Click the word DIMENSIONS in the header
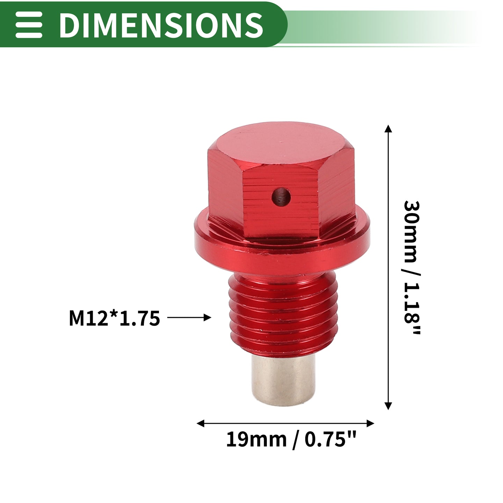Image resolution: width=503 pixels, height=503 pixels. click(161, 25)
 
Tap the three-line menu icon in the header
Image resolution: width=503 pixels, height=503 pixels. click(29, 25)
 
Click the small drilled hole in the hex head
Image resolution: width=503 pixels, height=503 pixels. click(281, 197)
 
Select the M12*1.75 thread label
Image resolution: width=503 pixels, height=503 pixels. click(114, 318)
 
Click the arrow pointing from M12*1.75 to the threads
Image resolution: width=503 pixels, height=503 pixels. click(189, 318)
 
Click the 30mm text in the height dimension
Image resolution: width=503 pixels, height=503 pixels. click(411, 232)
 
